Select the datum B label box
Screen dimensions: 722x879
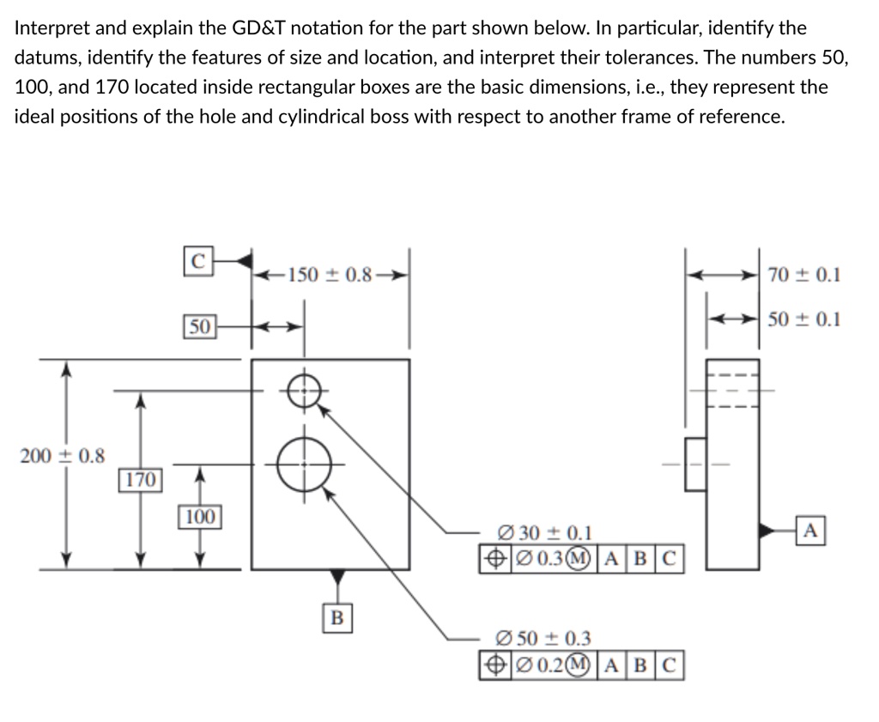coord(337,616)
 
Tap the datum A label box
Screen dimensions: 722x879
coord(812,531)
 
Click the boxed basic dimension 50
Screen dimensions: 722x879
coord(199,326)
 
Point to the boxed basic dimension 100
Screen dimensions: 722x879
coord(199,517)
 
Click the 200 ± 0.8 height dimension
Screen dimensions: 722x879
coord(62,456)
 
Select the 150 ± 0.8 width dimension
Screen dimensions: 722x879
coord(330,275)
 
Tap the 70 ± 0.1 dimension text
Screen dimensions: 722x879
coord(804,275)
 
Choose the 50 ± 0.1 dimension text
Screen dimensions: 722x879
coord(804,319)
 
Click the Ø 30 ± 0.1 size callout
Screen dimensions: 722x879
coord(544,534)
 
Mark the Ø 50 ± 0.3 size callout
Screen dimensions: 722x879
coord(544,639)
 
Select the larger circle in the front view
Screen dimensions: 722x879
coord(306,464)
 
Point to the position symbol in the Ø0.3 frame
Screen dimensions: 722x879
coord(494,558)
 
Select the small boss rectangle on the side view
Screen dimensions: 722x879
coord(695,464)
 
